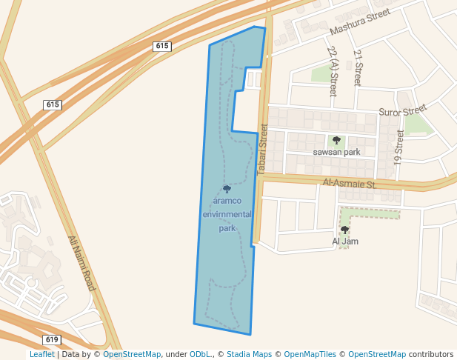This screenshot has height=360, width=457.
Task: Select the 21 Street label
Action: [x=358, y=68]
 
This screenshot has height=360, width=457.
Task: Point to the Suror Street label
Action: [x=403, y=111]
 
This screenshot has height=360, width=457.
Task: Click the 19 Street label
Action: [x=400, y=147]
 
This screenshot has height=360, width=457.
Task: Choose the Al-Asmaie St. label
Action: [x=350, y=183]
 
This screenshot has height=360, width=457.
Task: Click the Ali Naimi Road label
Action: [x=82, y=263]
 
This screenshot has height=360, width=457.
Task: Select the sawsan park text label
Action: [x=336, y=152]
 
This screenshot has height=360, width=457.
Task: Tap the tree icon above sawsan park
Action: [x=336, y=140]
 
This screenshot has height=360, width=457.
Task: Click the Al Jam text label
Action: [x=345, y=241]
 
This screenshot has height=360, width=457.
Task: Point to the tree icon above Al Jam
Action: [x=344, y=230]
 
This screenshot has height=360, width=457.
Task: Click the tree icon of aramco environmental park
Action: [x=227, y=189]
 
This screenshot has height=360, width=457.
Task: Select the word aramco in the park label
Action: [x=227, y=200]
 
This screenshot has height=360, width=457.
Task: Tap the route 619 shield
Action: [x=52, y=339]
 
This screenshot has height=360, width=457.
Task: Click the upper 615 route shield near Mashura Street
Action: [x=162, y=46]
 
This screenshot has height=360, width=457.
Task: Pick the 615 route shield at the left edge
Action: [x=52, y=104]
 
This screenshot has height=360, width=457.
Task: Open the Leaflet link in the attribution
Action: [x=41, y=354]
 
